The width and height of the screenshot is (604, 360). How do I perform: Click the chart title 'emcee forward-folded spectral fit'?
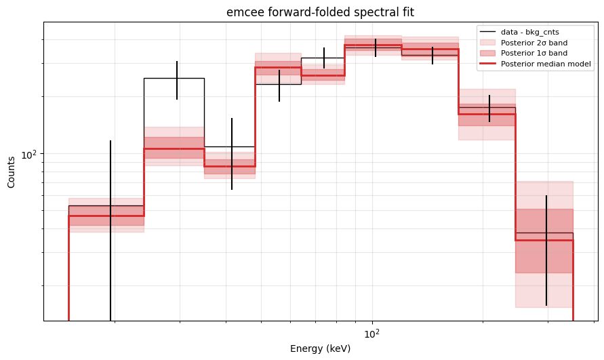320,12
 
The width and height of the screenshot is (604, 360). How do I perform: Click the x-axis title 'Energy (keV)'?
320,348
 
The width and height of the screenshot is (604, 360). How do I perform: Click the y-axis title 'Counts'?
11,172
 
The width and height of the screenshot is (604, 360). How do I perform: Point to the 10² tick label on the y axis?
30,154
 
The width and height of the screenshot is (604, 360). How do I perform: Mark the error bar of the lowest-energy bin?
110,231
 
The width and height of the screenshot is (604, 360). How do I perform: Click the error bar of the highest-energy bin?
546,251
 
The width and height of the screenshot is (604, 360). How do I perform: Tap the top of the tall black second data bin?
174,78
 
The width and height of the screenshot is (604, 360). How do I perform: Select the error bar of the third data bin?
232,154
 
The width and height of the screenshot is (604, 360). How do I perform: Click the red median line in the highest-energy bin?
544,240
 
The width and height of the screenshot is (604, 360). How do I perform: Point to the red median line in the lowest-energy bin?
106,216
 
